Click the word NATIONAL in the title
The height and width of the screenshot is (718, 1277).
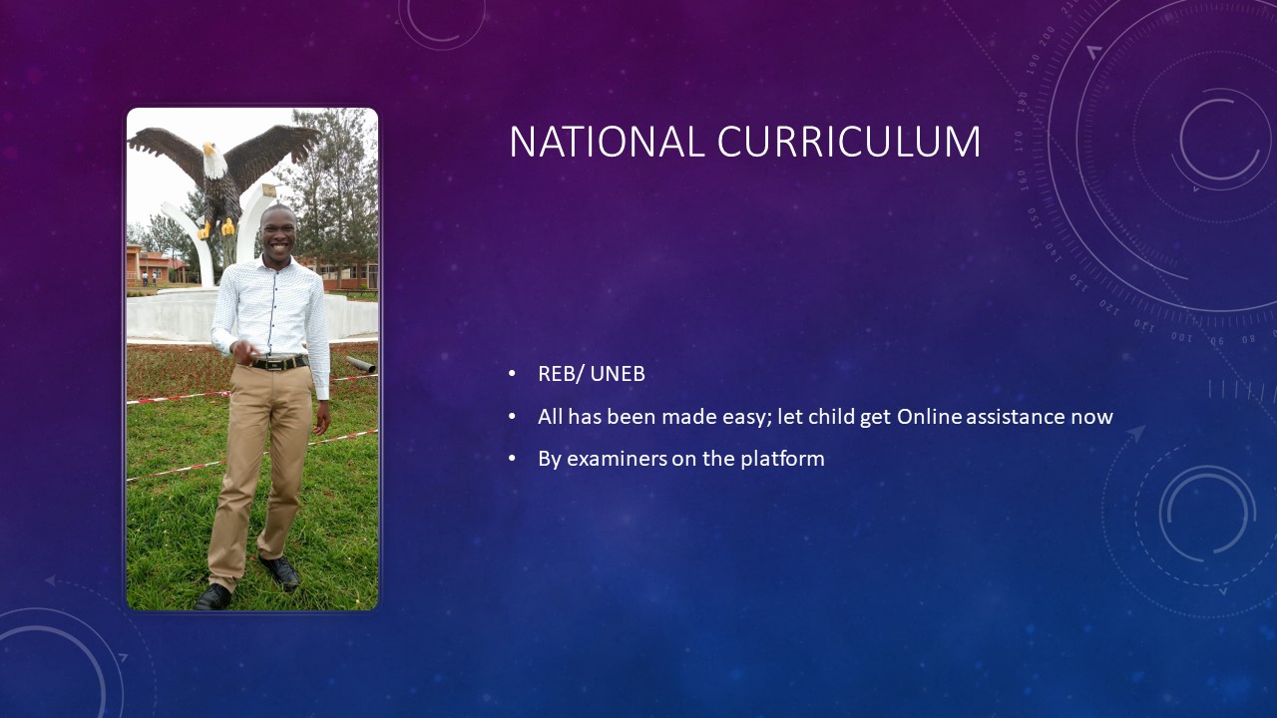[608, 142]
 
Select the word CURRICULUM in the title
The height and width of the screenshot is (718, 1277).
[849, 142]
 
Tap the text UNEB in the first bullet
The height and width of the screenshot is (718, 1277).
[618, 374]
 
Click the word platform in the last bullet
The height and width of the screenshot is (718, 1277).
[782, 460]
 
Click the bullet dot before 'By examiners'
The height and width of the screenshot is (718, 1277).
[512, 459]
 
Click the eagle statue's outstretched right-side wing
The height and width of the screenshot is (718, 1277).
[269, 150]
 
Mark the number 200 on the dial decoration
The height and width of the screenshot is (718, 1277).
[1048, 36]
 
